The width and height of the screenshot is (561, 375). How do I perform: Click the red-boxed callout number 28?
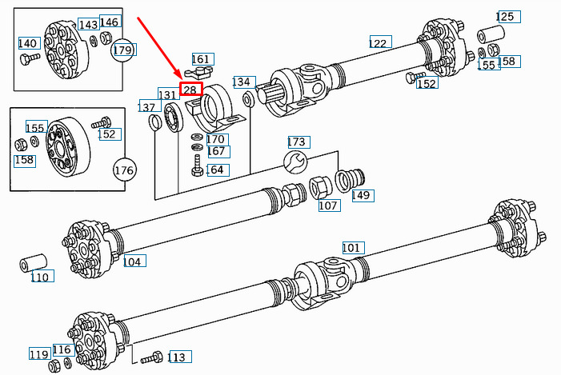tap(190, 90)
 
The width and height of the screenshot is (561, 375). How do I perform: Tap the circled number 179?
tap(122, 50)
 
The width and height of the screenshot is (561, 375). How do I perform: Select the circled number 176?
tap(124, 170)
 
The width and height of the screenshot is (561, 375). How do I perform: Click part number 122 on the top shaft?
tap(378, 42)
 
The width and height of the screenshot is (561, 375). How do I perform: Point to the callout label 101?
tap(352, 247)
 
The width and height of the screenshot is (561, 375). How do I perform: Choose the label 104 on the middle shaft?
tap(132, 261)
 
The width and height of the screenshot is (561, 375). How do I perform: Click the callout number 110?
tap(40, 277)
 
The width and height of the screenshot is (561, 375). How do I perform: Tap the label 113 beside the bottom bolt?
tap(177, 357)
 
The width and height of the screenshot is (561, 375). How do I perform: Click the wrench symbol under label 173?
tap(296, 163)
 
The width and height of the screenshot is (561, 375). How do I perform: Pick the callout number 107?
tap(328, 205)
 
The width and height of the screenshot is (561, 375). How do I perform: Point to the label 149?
tap(362, 195)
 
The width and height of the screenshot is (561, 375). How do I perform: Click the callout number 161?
tap(201, 59)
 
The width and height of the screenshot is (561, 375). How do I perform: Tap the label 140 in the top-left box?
tap(28, 43)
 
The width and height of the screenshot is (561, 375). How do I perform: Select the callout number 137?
tap(147, 107)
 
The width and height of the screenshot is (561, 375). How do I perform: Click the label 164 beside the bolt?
tap(215, 170)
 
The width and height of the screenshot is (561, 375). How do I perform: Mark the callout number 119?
tap(39, 353)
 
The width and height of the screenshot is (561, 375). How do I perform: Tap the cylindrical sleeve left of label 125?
tap(490, 35)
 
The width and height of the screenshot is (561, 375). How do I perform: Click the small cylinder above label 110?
tap(34, 262)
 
